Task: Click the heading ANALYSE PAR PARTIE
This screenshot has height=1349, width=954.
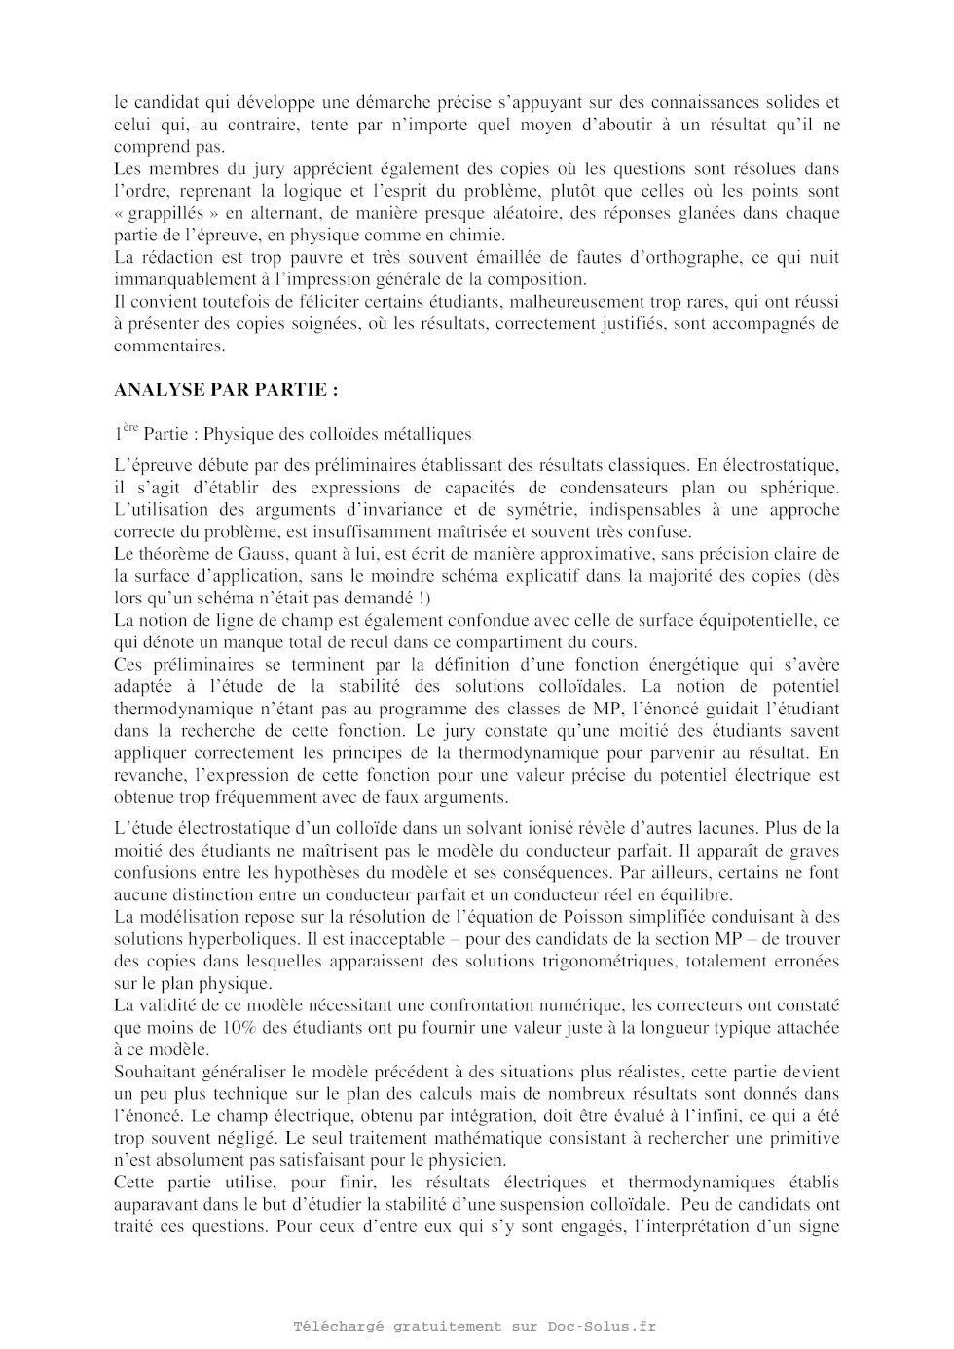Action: tap(226, 390)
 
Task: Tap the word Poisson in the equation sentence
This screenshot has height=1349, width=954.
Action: tap(592, 917)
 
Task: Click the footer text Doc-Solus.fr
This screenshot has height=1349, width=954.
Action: tap(602, 1326)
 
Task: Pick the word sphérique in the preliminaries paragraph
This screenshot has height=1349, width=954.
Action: tap(805, 488)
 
